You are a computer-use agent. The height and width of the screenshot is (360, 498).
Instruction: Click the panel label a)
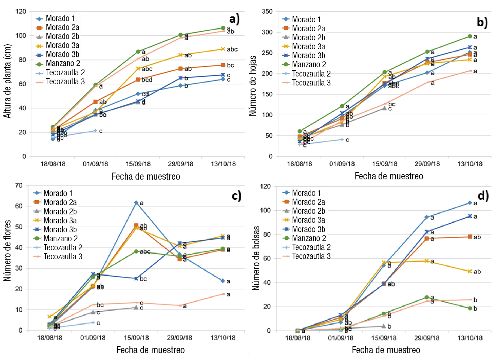[234, 19]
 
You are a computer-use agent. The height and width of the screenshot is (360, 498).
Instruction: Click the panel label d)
[483, 196]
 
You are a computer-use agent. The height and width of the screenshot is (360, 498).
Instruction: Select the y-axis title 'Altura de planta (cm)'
[7, 81]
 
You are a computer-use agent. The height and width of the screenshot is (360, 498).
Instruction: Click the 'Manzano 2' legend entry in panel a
[63, 64]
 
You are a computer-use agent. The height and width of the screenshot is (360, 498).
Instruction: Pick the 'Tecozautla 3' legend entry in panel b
[311, 83]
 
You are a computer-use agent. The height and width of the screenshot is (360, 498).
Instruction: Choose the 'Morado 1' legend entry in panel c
[58, 193]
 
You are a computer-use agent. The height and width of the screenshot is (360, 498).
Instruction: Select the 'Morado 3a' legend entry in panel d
[308, 220]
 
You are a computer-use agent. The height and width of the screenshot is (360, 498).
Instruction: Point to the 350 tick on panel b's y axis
[267, 12]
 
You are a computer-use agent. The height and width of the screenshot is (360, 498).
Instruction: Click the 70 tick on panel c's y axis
[19, 186]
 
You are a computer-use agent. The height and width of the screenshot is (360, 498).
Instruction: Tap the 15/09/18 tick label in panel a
[138, 164]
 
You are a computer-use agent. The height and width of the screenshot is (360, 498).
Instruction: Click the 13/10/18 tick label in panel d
[470, 338]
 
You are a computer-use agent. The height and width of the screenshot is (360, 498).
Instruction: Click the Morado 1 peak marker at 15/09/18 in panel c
[136, 203]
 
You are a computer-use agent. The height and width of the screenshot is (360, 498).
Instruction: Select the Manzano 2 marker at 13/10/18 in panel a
[223, 28]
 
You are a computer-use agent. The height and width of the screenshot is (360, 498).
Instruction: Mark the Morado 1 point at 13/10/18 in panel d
[470, 203]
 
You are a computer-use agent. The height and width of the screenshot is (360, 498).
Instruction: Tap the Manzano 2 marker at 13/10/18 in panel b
[470, 37]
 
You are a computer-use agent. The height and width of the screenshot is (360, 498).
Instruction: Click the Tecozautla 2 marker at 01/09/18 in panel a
[95, 131]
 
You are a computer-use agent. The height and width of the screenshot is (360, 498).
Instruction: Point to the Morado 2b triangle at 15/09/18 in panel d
[384, 326]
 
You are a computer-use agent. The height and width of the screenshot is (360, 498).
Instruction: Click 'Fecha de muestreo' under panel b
[389, 176]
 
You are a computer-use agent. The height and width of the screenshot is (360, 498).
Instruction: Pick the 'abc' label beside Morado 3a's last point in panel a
[232, 49]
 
